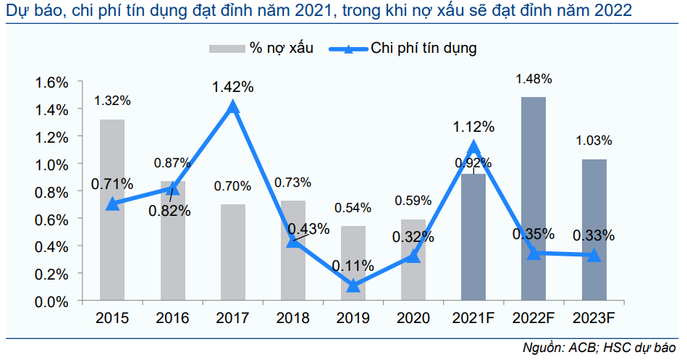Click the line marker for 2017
(232, 107)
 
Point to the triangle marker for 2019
(353, 286)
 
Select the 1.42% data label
(232, 87)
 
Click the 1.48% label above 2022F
(534, 78)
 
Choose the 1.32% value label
(111, 101)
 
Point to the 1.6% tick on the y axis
(51, 82)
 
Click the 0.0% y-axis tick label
(51, 301)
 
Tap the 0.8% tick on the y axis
(51, 192)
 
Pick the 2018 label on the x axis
(292, 318)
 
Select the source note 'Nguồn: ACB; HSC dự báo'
(602, 348)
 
